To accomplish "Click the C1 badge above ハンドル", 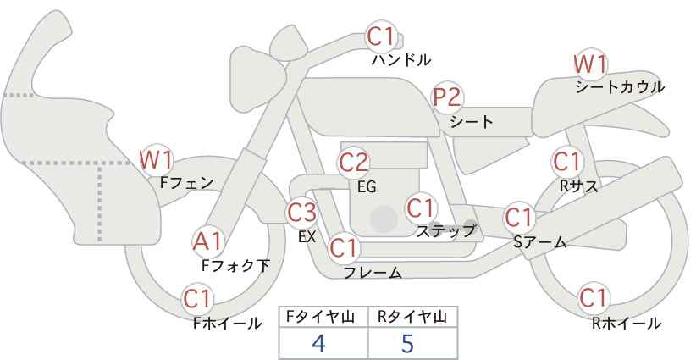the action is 381,36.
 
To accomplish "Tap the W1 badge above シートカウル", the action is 590,64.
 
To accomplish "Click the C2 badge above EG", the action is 353,162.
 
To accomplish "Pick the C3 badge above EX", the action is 301,213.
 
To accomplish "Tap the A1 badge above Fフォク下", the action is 207,242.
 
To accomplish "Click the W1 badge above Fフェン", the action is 156,160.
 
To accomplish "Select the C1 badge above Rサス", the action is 567,162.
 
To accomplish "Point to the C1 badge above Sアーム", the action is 519,218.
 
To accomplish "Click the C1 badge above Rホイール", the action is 594,298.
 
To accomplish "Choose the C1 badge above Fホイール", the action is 198,299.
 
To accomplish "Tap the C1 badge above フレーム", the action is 344,248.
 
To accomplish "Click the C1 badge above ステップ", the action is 421,208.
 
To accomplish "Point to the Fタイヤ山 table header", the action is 320,317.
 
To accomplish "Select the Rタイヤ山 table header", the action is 412,317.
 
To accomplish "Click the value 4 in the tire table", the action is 318,342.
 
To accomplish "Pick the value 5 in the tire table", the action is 407,342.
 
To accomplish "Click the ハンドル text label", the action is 401,59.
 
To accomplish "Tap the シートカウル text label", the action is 620,87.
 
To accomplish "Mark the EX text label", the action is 307,236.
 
